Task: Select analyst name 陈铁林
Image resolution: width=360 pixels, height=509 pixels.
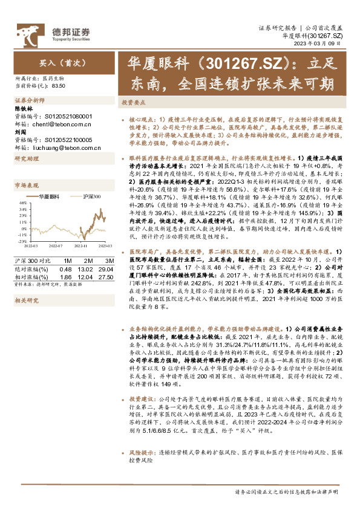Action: point(23,109)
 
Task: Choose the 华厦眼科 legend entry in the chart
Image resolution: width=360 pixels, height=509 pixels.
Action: point(49,196)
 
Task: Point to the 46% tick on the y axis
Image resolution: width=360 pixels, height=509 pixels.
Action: point(21,203)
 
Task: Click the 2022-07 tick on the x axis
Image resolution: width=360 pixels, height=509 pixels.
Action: point(56,246)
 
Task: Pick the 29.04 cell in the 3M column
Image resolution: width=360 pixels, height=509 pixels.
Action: point(106,268)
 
